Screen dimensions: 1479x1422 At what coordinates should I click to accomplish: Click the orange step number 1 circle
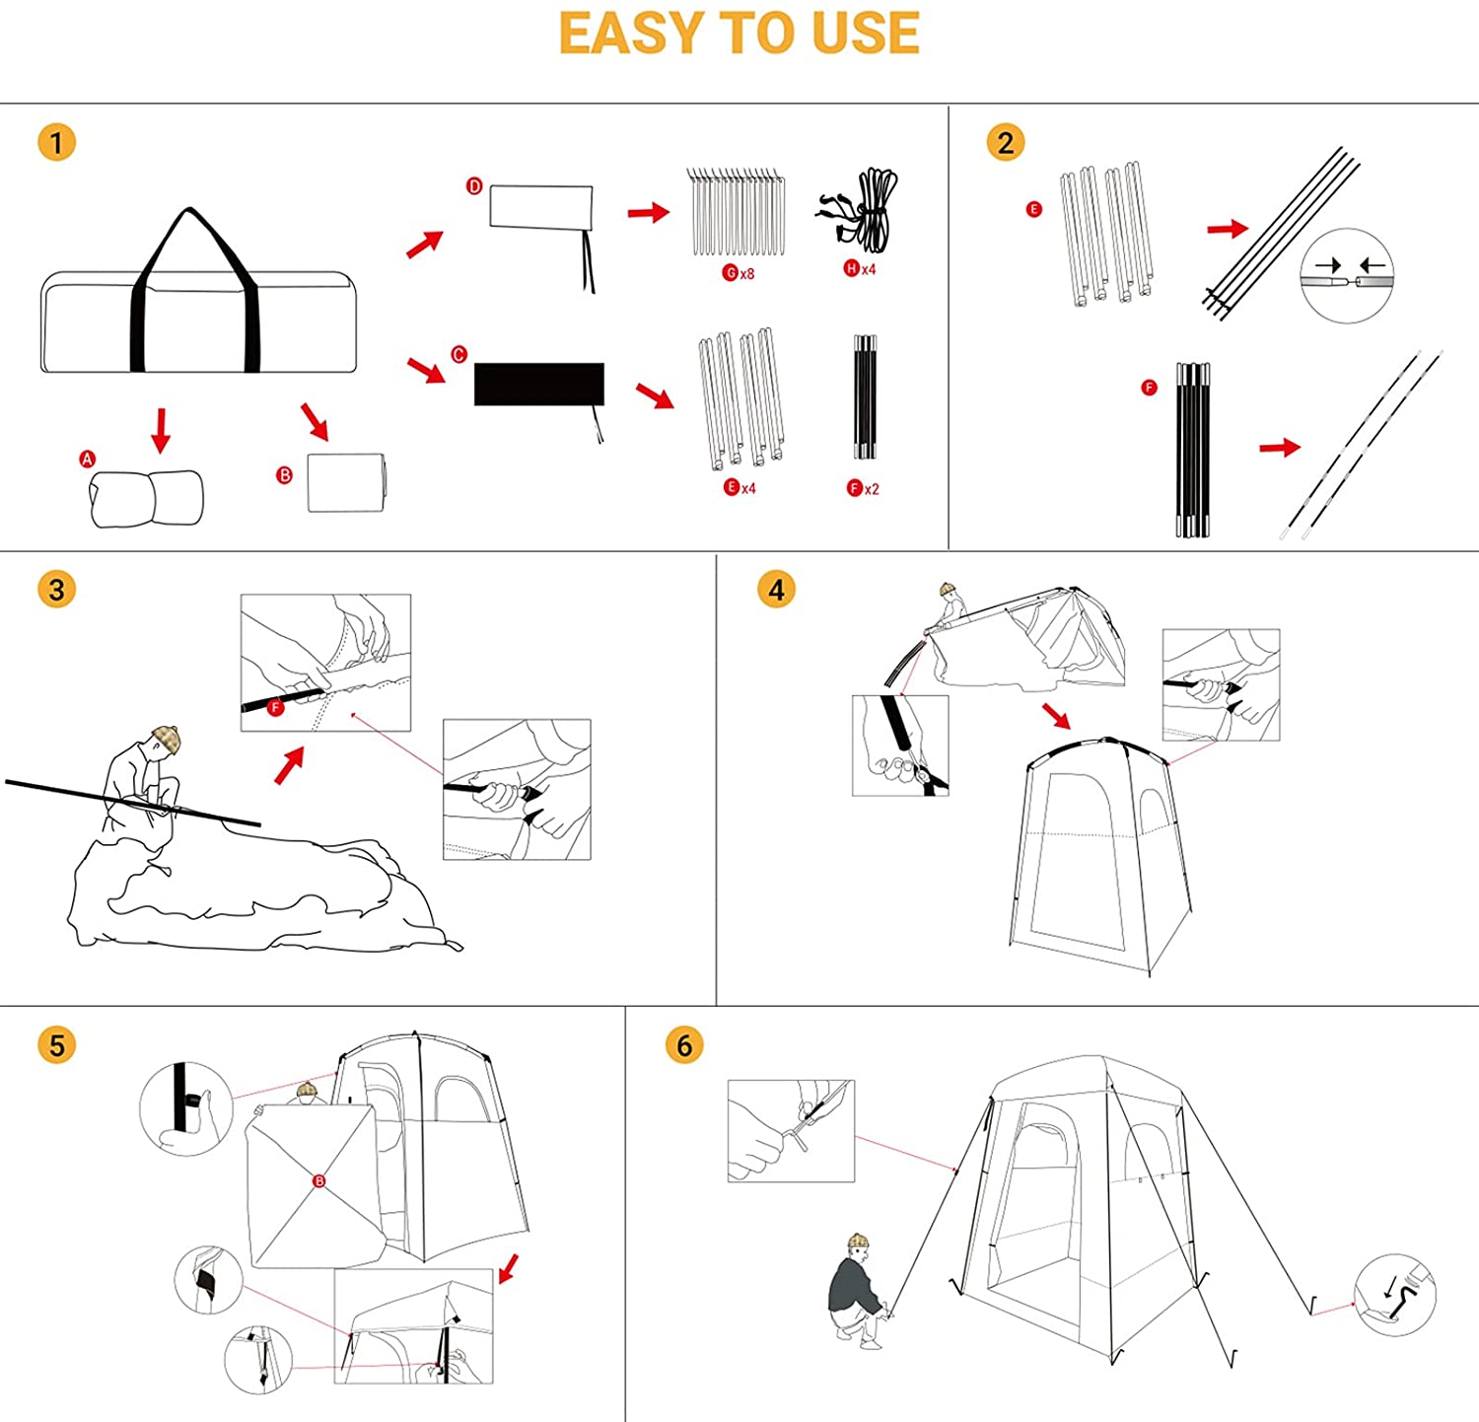[56, 143]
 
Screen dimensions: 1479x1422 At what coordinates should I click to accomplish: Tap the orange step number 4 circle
[776, 591]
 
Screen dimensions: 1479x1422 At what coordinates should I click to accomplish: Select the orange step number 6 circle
[684, 1045]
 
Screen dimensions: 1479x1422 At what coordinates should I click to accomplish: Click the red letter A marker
[88, 459]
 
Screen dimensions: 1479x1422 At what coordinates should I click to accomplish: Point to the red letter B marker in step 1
[285, 475]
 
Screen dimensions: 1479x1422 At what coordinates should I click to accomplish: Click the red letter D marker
[474, 186]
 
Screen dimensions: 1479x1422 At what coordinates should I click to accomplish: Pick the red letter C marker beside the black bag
[458, 354]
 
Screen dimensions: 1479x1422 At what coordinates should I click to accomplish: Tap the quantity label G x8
[739, 273]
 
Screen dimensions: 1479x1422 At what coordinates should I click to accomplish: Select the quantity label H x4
[860, 268]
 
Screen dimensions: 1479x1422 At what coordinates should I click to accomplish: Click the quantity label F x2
[863, 488]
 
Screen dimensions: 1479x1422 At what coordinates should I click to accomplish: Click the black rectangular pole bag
[539, 385]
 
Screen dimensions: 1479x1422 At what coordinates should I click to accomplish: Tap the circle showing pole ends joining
[1347, 276]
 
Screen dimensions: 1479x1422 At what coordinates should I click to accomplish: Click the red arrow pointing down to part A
[162, 431]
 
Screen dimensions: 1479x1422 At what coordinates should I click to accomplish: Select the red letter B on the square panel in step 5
[319, 1181]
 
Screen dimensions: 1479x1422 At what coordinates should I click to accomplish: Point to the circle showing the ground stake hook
[1395, 1295]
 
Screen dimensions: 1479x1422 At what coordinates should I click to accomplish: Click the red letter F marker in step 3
[276, 707]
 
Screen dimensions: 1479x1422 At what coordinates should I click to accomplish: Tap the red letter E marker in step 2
[1034, 209]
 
